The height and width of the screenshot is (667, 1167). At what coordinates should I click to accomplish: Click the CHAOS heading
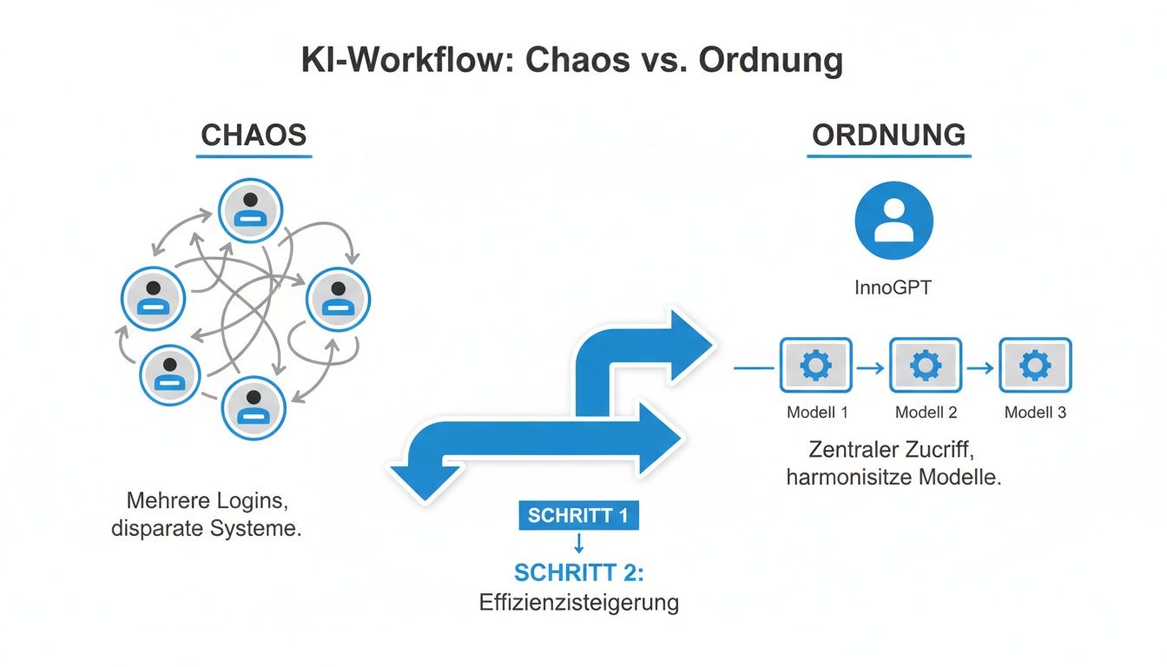[x=254, y=135]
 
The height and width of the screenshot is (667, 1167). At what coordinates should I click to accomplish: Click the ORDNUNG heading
[x=888, y=135]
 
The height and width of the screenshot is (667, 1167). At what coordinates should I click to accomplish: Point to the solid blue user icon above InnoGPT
[x=893, y=221]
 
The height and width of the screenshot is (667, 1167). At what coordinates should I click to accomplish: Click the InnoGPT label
[x=893, y=287]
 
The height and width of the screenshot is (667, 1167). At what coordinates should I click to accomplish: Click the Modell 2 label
[x=926, y=413]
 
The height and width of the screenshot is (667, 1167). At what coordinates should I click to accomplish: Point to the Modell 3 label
[x=1035, y=413]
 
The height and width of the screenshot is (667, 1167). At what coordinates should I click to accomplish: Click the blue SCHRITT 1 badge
[x=578, y=515]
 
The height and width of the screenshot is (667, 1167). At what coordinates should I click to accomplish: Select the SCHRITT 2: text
[x=578, y=573]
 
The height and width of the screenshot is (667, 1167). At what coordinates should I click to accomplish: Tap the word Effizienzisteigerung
[x=578, y=603]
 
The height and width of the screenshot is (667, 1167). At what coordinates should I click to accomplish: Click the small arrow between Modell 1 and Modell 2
[x=871, y=368]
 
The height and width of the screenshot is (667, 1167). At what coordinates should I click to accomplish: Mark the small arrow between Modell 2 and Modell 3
[x=980, y=368]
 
